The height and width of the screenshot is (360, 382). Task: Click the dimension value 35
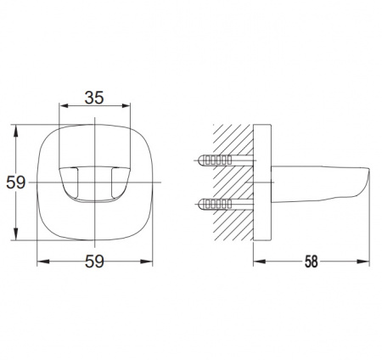coord(94,98)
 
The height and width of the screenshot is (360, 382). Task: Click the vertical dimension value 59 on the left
coord(16,183)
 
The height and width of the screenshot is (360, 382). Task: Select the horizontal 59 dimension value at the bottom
coord(94,262)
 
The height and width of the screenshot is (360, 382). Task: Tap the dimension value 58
coord(312,262)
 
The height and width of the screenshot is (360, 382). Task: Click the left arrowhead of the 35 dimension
coord(65,105)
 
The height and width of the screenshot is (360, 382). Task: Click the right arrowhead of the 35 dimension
coord(125,105)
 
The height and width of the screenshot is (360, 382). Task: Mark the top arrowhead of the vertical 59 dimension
coord(16,131)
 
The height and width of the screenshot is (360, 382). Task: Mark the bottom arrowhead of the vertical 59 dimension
coord(16,234)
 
